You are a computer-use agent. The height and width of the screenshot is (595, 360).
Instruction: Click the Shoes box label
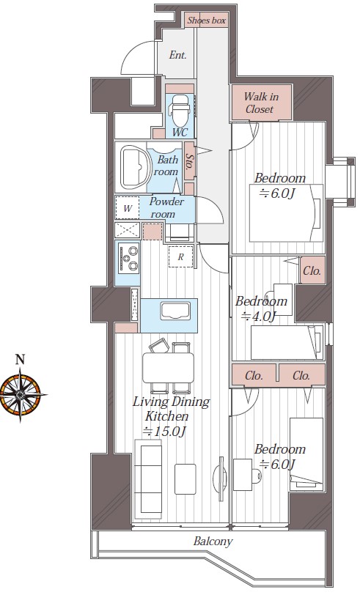point(207,21)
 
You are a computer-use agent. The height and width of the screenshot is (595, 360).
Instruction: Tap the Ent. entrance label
point(177,55)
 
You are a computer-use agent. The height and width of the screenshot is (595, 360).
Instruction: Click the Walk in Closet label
point(260,103)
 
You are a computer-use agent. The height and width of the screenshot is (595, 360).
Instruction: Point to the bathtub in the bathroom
point(133,167)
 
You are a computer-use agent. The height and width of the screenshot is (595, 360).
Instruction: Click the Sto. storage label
point(190,161)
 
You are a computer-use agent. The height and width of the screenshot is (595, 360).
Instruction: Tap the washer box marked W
point(128,208)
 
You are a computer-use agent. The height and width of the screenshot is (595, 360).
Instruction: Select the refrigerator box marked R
point(181,256)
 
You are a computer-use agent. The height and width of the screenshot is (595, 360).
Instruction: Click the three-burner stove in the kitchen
point(129,258)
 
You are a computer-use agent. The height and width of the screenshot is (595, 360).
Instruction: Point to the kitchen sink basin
point(175,311)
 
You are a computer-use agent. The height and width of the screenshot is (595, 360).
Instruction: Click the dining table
point(168,368)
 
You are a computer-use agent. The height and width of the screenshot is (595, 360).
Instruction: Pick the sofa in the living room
point(149,479)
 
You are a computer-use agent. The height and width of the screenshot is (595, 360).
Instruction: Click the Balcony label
point(213,541)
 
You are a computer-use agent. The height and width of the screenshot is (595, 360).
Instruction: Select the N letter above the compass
point(20,359)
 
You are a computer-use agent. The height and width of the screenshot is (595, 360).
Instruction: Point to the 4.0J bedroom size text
point(258,315)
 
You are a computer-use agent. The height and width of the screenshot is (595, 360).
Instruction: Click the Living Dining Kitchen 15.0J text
point(171,416)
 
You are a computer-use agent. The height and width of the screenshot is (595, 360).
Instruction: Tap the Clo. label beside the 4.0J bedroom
point(312,270)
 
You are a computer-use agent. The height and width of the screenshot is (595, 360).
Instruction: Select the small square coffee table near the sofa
point(185,479)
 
